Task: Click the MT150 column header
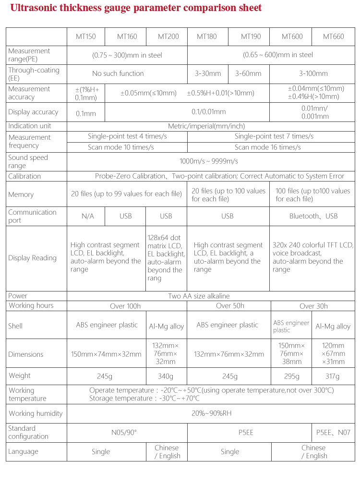pyautogui.click(x=86, y=36)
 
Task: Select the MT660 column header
pyautogui.click(x=333, y=36)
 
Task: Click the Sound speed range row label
pyautogui.click(x=28, y=161)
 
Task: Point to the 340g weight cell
pyautogui.click(x=166, y=376)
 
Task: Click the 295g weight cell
pyautogui.click(x=291, y=376)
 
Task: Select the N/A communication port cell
pyautogui.click(x=87, y=216)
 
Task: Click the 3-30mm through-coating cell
pyautogui.click(x=208, y=73)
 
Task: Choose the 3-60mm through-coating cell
pyautogui.click(x=248, y=73)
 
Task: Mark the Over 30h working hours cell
pyautogui.click(x=313, y=306)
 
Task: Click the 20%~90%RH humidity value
pyautogui.click(x=212, y=413)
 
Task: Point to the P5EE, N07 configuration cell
pyautogui.click(x=333, y=432)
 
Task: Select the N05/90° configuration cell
pyautogui.click(x=124, y=432)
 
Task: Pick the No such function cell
pyautogui.click(x=118, y=73)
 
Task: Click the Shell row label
pyautogui.click(x=15, y=326)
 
